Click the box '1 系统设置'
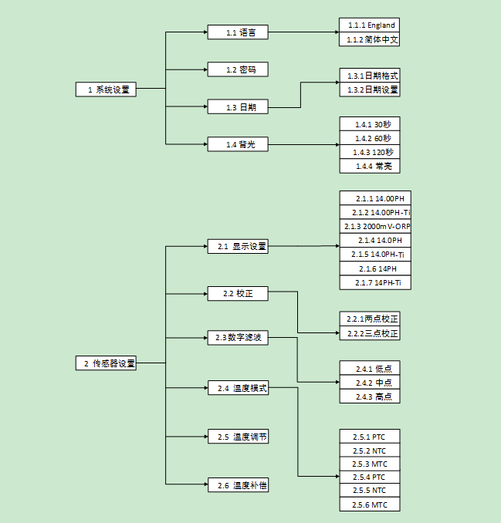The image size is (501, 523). coord(107,89)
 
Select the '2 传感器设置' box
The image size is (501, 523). coord(107,363)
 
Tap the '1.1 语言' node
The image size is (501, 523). coord(237,32)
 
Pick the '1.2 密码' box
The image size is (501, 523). coord(237,69)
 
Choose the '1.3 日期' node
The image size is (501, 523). coord(237,107)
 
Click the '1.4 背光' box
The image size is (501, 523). coord(237,144)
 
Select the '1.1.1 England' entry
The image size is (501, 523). coord(371,25)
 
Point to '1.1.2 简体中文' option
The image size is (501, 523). coord(371,39)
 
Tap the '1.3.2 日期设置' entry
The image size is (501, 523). coord(371,90)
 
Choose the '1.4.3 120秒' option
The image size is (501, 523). coord(371,152)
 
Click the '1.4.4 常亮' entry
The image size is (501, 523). coord(371,166)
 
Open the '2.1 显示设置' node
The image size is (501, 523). coord(237,247)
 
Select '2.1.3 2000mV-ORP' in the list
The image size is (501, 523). coord(376,227)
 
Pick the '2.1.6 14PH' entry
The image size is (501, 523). coord(376,268)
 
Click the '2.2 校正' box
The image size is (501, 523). coord(237,294)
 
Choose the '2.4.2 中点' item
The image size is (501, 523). coord(371,383)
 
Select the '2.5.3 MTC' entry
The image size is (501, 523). coord(371,464)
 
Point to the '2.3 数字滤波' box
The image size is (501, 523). coord(237,337)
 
